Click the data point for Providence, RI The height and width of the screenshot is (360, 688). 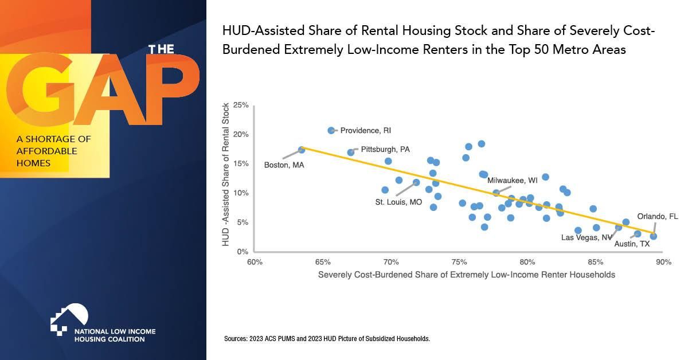(331, 131)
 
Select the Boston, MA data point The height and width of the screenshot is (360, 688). (302, 150)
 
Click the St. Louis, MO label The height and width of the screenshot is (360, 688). (398, 202)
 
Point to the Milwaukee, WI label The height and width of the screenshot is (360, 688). (513, 180)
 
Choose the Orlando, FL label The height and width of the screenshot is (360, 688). (658, 217)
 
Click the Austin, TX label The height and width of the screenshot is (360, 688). (632, 244)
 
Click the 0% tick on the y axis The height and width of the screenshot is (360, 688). (243, 252)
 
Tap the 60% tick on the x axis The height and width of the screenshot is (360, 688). (255, 263)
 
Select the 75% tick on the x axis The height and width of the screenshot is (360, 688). (459, 263)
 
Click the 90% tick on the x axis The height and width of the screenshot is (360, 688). (663, 263)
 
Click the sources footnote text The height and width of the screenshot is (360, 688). (327, 339)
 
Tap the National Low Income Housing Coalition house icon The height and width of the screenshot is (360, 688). (69, 317)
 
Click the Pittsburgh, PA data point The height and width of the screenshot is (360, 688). (351, 152)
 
